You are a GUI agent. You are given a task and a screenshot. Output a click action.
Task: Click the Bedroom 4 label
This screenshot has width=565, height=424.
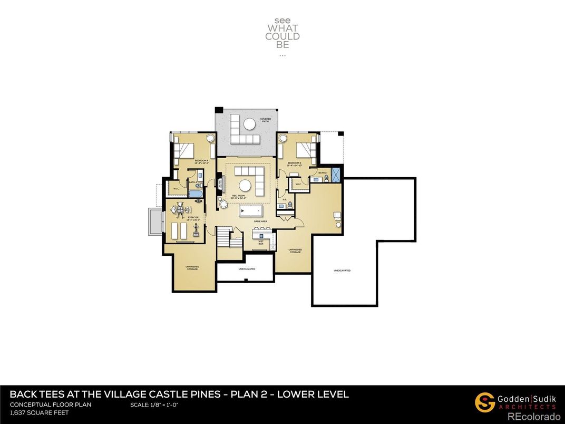pyautogui.click(x=201, y=161)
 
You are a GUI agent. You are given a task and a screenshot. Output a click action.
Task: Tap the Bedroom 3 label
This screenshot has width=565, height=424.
pyautogui.click(x=294, y=163)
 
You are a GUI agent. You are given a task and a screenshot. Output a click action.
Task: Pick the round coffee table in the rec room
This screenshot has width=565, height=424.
pyautogui.click(x=245, y=186)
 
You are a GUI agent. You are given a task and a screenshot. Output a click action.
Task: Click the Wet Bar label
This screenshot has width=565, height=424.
pyautogui.click(x=261, y=244)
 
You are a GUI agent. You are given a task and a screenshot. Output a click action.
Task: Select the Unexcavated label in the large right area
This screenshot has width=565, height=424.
pyautogui.click(x=342, y=271)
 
